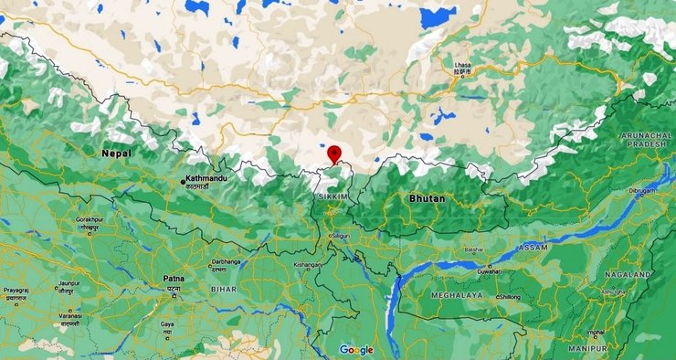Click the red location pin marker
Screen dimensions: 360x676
(335, 154)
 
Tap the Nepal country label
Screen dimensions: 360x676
(116, 154)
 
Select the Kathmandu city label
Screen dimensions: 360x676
(206, 178)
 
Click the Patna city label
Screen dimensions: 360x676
(173, 278)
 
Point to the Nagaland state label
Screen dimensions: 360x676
(628, 274)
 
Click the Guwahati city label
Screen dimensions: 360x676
(487, 270)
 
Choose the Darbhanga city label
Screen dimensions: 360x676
(225, 260)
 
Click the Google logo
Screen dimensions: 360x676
(356, 350)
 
